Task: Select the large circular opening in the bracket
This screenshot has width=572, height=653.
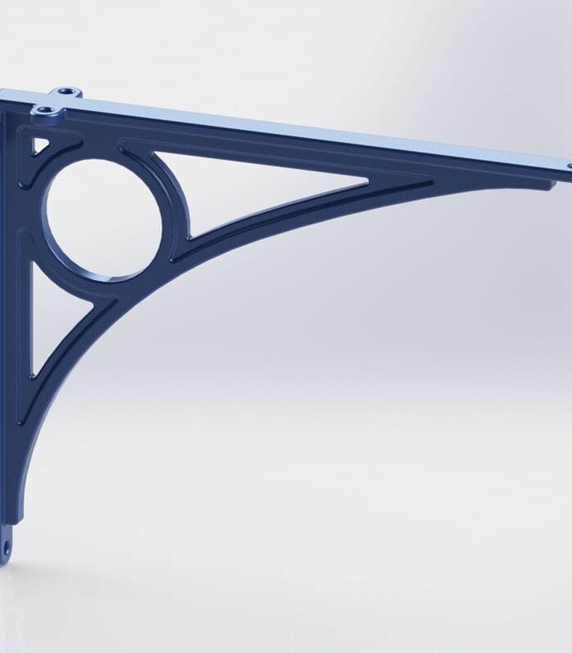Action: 103,216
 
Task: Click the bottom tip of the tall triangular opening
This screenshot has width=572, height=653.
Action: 34,375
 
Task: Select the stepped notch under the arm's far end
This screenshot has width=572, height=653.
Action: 547,184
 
